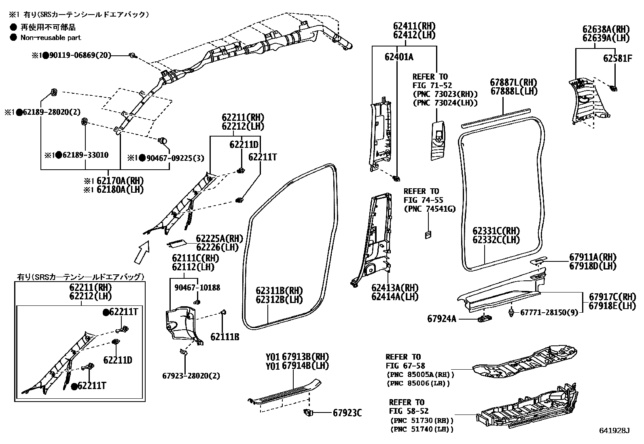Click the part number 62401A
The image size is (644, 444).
(x=398, y=57)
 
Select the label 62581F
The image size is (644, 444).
(x=617, y=58)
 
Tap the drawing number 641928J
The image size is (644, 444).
(x=614, y=431)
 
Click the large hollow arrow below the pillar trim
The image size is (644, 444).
(x=142, y=251)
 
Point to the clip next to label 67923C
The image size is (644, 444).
(x=309, y=412)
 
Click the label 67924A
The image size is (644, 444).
(x=442, y=319)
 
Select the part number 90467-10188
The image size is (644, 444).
(x=197, y=288)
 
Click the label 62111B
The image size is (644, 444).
(x=225, y=337)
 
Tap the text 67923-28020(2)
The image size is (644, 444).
(x=191, y=376)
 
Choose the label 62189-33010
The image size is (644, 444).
(x=83, y=155)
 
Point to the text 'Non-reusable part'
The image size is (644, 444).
(x=51, y=38)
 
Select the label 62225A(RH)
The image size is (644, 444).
(x=217, y=238)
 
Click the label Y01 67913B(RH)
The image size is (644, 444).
(x=297, y=357)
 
